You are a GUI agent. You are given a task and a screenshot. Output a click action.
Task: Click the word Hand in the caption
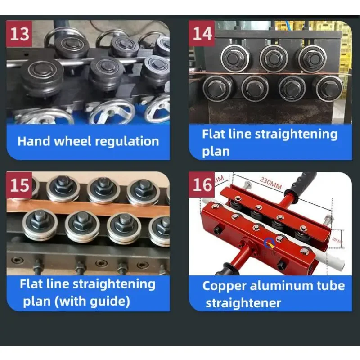(34, 141)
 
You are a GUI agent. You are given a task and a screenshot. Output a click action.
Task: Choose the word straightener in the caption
(243, 303)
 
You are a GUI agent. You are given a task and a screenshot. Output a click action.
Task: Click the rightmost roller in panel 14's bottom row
(327, 88)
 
